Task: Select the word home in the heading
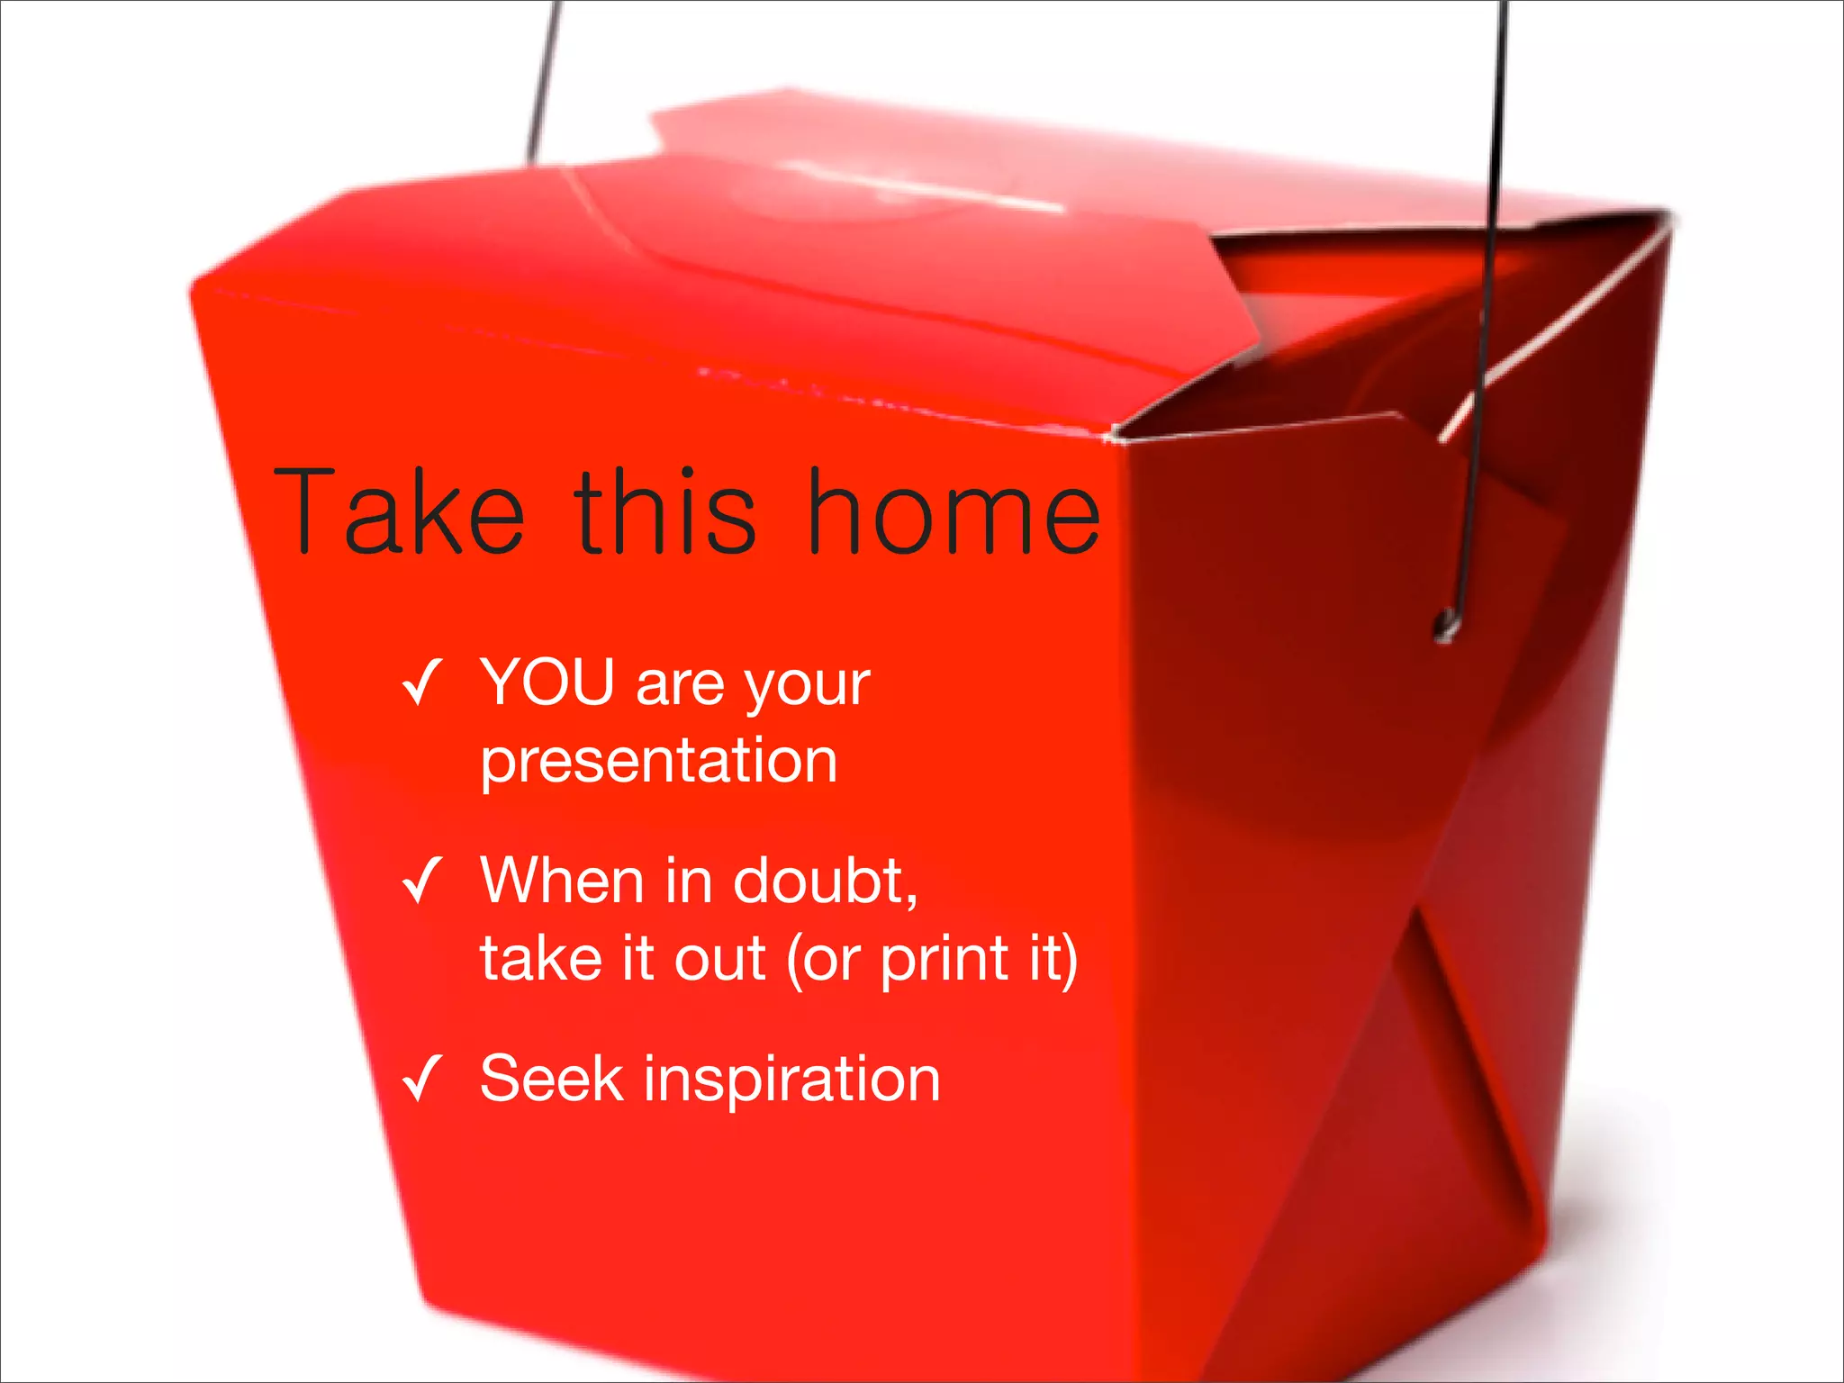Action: coord(954,513)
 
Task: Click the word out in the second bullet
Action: coord(720,960)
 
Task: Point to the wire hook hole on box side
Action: coord(1447,622)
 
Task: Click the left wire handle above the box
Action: coord(543,81)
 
